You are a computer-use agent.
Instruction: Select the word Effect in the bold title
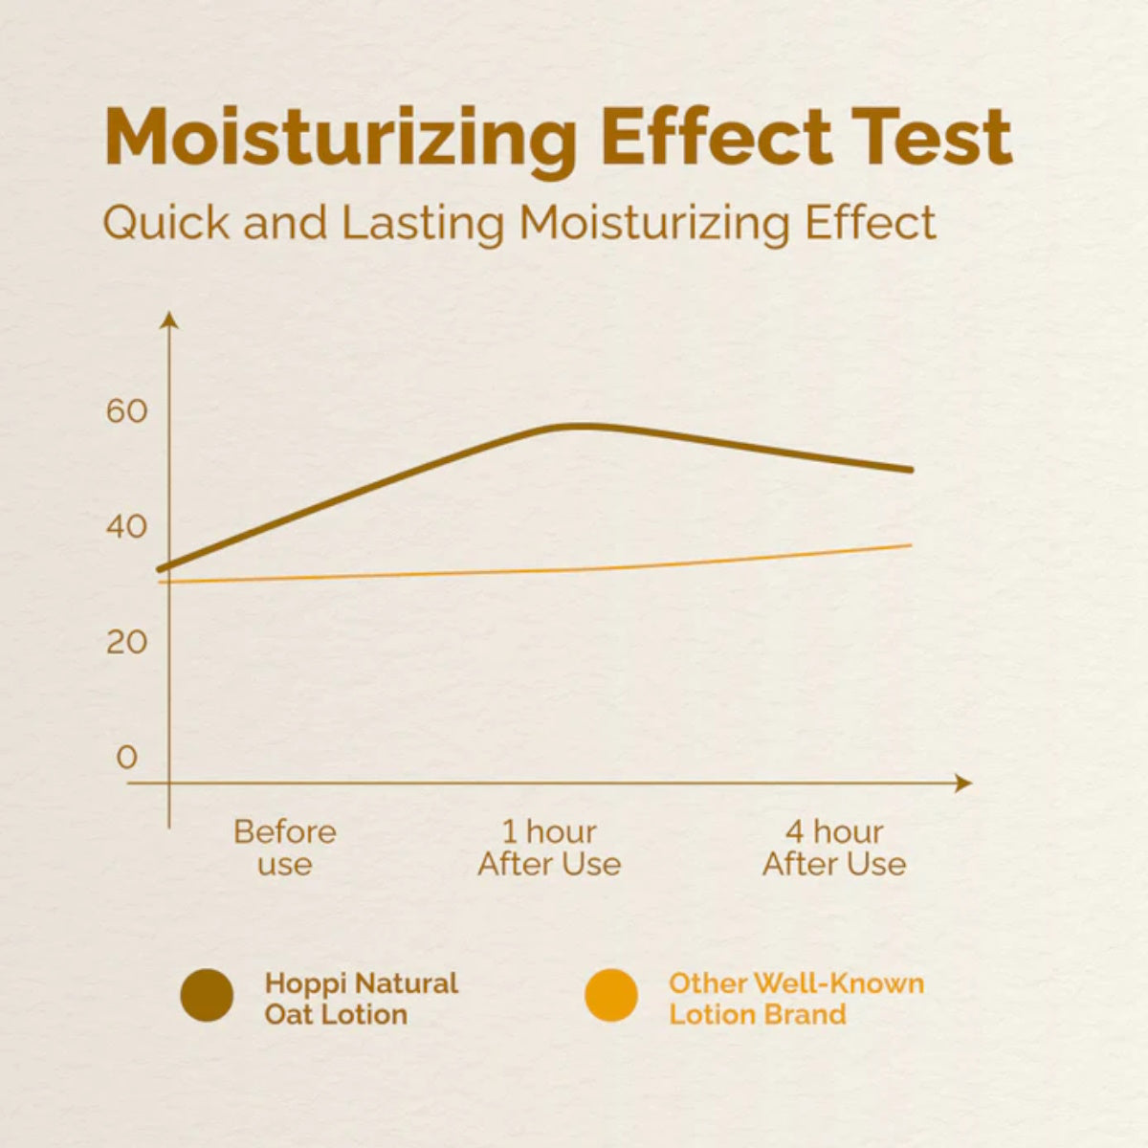tap(718, 136)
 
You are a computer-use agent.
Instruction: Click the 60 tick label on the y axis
tap(127, 411)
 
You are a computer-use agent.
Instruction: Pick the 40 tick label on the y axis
tap(127, 526)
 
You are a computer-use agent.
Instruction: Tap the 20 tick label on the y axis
tap(127, 642)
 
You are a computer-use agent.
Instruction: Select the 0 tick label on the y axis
tap(127, 758)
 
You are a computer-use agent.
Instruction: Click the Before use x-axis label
tap(285, 848)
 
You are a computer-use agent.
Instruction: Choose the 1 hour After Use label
tap(549, 848)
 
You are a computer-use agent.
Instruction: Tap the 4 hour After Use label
tap(834, 848)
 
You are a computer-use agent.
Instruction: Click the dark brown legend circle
tap(207, 995)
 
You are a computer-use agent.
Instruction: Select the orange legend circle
tap(610, 995)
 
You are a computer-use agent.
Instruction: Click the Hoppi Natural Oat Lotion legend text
tap(361, 998)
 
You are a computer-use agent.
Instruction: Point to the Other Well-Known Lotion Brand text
tap(796, 998)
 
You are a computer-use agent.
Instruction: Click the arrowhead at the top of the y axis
tap(169, 318)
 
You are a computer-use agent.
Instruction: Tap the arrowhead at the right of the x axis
tap(964, 783)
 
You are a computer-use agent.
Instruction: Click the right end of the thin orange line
tap(910, 545)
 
